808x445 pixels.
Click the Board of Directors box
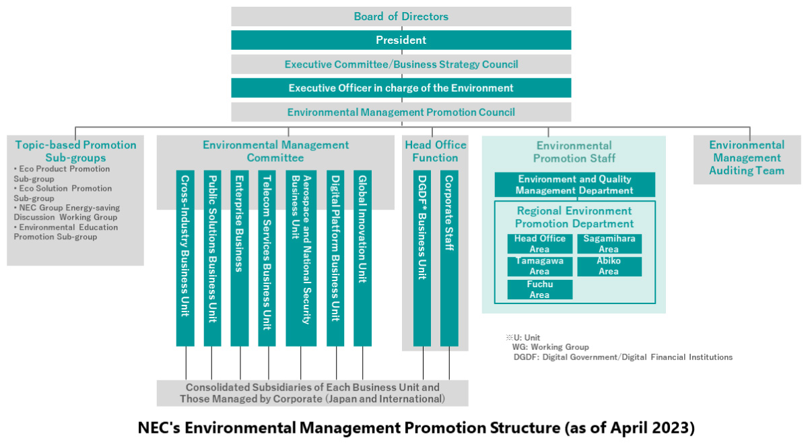click(401, 17)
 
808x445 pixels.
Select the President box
click(401, 40)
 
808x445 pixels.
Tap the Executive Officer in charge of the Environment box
click(401, 88)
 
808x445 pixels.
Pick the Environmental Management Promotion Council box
click(401, 112)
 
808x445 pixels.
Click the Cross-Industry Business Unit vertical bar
click(185, 258)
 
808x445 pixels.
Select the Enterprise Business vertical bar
click(240, 258)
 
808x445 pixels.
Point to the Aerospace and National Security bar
click(301, 258)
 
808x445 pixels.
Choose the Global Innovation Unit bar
click(362, 258)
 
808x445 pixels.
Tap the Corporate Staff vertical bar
click(450, 258)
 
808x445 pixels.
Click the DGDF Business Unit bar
click(422, 258)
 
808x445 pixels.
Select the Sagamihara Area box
click(609, 244)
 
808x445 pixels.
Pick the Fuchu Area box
click(540, 289)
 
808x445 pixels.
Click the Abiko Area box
click(609, 266)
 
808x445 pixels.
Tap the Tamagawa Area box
click(540, 266)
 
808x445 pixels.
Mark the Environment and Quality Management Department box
click(574, 185)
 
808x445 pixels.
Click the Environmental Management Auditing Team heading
click(747, 158)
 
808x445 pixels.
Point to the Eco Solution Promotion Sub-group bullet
click(63, 194)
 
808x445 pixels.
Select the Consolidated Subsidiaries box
click(312, 393)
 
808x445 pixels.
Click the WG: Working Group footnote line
click(551, 347)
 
